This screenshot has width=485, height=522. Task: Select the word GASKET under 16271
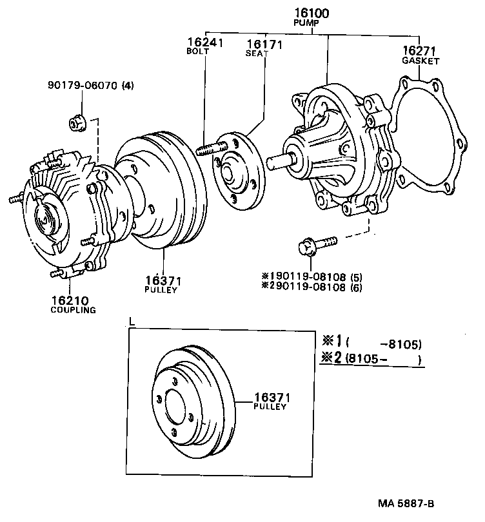[x=421, y=61]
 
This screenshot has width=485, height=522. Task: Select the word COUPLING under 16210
[x=73, y=309]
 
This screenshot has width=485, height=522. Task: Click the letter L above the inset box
[x=132, y=320]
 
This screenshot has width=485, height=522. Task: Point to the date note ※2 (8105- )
[x=371, y=358]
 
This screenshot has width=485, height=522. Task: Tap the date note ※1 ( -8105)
[x=371, y=342]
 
